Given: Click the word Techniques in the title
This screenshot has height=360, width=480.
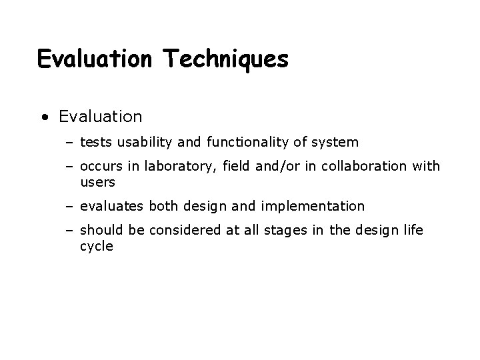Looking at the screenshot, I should tap(225, 59).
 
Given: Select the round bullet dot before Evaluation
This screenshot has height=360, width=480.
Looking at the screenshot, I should tap(44, 118).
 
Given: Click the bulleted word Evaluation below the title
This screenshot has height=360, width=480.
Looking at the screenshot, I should tap(100, 117).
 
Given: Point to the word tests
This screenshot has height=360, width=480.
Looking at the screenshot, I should tap(94, 142).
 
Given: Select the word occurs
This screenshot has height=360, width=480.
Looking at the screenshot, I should tap(99, 167).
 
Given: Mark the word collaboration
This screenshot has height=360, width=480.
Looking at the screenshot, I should tap(363, 167).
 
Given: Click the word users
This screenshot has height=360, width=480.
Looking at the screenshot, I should tap(97, 181).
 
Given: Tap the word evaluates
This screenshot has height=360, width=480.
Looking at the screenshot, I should tap(111, 206).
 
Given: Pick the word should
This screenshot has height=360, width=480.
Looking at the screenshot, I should tap(101, 231).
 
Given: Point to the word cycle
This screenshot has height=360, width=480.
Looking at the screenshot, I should tap(96, 246).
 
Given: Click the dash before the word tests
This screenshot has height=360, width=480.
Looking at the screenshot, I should tap(70, 143).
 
